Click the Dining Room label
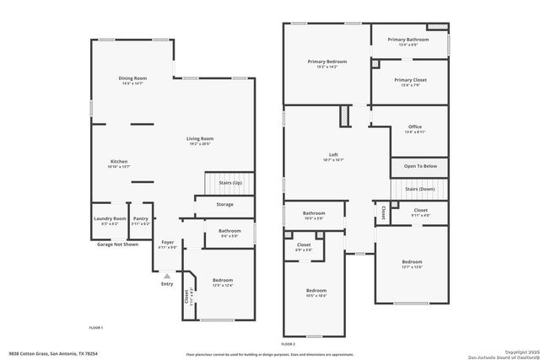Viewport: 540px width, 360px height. click(134, 78)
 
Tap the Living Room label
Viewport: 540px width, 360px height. click(200, 138)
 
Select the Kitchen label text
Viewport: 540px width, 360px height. click(119, 161)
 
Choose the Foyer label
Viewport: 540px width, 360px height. click(167, 242)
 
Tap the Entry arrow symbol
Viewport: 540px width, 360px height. click(167, 275)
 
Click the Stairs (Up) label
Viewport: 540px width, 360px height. click(230, 182)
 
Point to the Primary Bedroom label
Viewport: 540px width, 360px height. click(327, 62)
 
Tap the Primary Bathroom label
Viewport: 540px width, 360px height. click(408, 40)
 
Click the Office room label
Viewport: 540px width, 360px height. click(414, 126)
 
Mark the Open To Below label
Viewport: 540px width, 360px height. click(420, 166)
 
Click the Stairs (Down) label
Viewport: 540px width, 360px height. click(420, 189)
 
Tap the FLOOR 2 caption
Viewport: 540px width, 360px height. click(289, 344)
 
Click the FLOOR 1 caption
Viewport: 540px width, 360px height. click(95, 327)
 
